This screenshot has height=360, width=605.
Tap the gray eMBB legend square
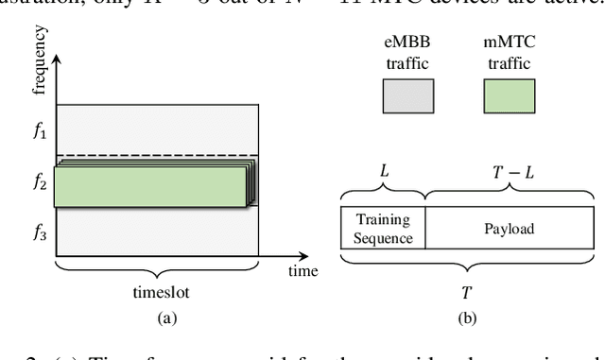(x=407, y=95)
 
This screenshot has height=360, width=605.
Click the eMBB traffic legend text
(x=407, y=51)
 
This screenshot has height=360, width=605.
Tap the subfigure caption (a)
(x=157, y=318)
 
